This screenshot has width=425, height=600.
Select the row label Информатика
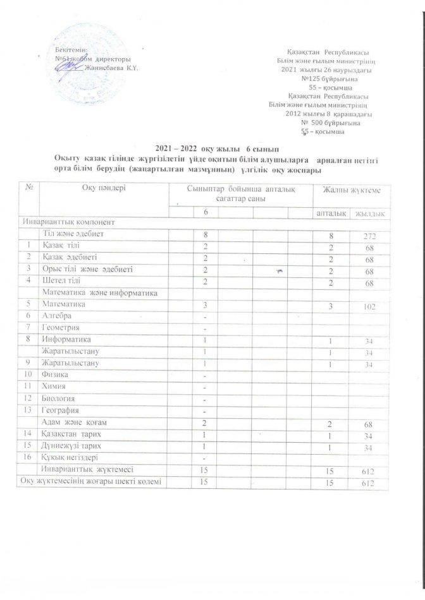(62, 339)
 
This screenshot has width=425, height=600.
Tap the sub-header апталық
(331, 215)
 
